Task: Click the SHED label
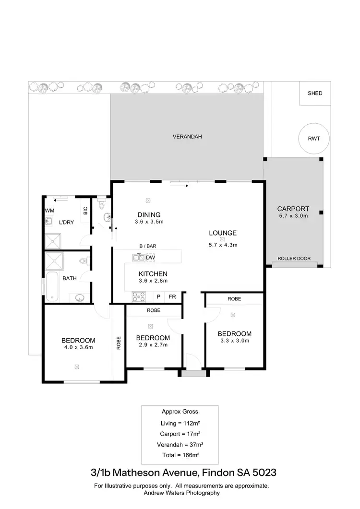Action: [x=315, y=93]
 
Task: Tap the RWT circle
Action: [x=313, y=139]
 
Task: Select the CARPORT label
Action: [x=293, y=209]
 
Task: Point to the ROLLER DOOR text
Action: [x=294, y=259]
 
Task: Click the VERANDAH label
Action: [x=187, y=137]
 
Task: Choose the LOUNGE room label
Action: [x=223, y=233]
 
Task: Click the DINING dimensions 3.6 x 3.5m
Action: [x=149, y=222]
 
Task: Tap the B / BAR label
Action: [x=148, y=246]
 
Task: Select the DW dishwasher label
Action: [x=150, y=257]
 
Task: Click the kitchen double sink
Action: [x=139, y=258]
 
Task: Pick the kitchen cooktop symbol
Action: [x=139, y=297]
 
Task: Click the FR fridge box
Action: [x=172, y=297]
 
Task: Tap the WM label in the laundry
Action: [x=49, y=211]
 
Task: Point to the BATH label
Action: [x=70, y=278]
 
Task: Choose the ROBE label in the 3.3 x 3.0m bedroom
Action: [x=234, y=299]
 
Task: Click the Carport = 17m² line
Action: [x=179, y=434]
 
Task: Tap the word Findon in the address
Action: [x=219, y=473]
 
